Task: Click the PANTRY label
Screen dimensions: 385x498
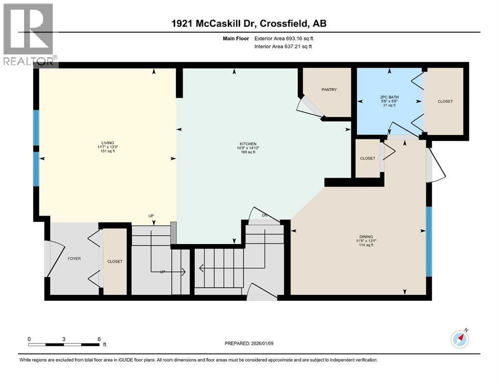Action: pyautogui.click(x=329, y=90)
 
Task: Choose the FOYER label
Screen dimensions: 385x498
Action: pyautogui.click(x=74, y=259)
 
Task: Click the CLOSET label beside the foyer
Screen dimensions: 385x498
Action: pyautogui.click(x=115, y=262)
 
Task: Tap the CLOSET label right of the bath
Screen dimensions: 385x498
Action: pyautogui.click(x=445, y=101)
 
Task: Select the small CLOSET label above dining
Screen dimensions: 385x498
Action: pyautogui.click(x=368, y=158)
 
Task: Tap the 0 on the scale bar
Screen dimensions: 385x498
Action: pyautogui.click(x=30, y=338)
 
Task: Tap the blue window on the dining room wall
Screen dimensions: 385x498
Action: pyautogui.click(x=429, y=241)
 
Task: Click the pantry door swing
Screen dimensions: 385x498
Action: pyautogui.click(x=305, y=106)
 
